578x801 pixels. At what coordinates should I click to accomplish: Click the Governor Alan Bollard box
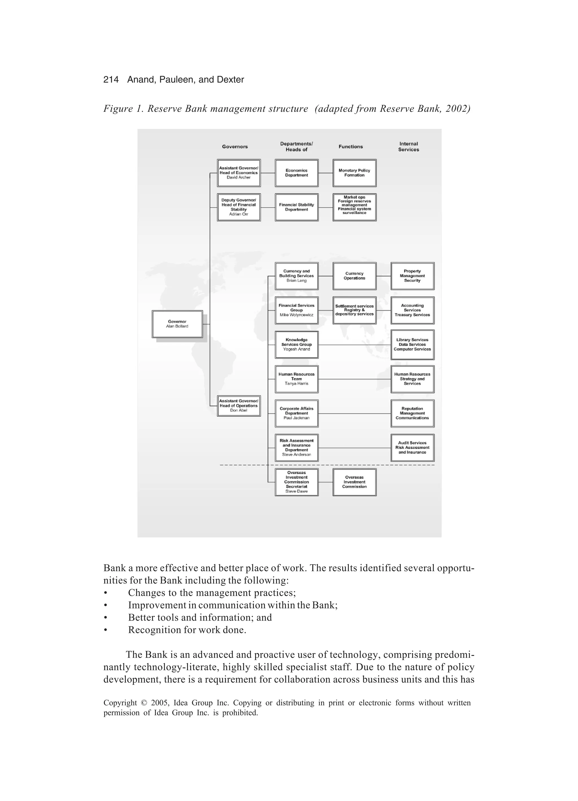[177, 324]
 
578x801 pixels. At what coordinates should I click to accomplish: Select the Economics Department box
[297, 173]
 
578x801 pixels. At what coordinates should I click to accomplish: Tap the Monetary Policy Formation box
[354, 173]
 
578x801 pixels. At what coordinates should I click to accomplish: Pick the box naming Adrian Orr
[239, 207]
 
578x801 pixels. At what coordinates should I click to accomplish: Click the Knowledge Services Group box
[297, 344]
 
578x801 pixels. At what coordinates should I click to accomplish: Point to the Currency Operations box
[354, 276]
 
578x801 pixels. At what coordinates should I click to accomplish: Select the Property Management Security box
[412, 276]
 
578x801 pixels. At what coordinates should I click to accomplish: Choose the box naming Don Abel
[239, 405]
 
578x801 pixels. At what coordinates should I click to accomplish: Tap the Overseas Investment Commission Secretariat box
[297, 482]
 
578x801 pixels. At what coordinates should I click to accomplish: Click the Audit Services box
[412, 448]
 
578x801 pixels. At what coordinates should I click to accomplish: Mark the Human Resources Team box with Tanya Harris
[297, 379]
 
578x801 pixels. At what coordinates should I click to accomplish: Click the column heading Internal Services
[408, 147]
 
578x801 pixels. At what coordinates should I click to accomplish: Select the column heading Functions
[351, 147]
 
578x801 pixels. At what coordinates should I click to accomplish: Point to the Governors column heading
[235, 147]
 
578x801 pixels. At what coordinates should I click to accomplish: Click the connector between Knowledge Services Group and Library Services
[354, 345]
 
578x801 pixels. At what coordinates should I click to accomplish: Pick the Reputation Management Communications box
[412, 413]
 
